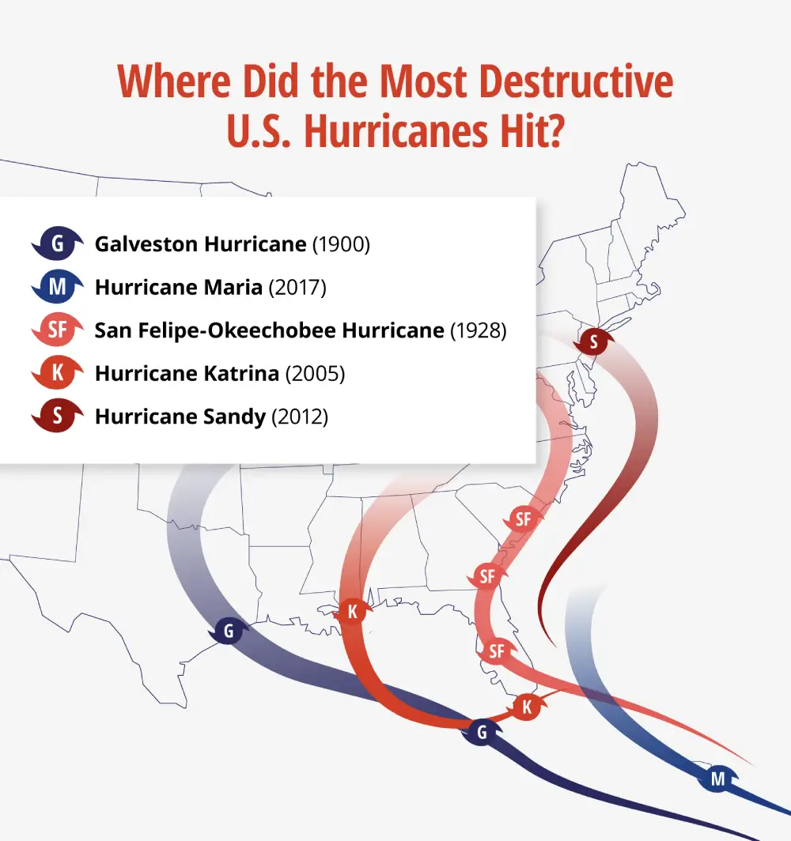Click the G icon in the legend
coord(57,244)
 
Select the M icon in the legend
coord(57,288)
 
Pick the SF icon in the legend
coord(57,330)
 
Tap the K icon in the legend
coord(57,373)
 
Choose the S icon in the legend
coord(57,417)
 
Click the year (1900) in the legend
coord(341,244)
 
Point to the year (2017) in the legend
coord(297,288)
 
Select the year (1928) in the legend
coord(478,330)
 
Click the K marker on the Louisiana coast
coord(352,611)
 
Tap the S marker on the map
coord(593,342)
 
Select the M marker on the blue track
coord(717,779)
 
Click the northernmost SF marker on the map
coord(523,519)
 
